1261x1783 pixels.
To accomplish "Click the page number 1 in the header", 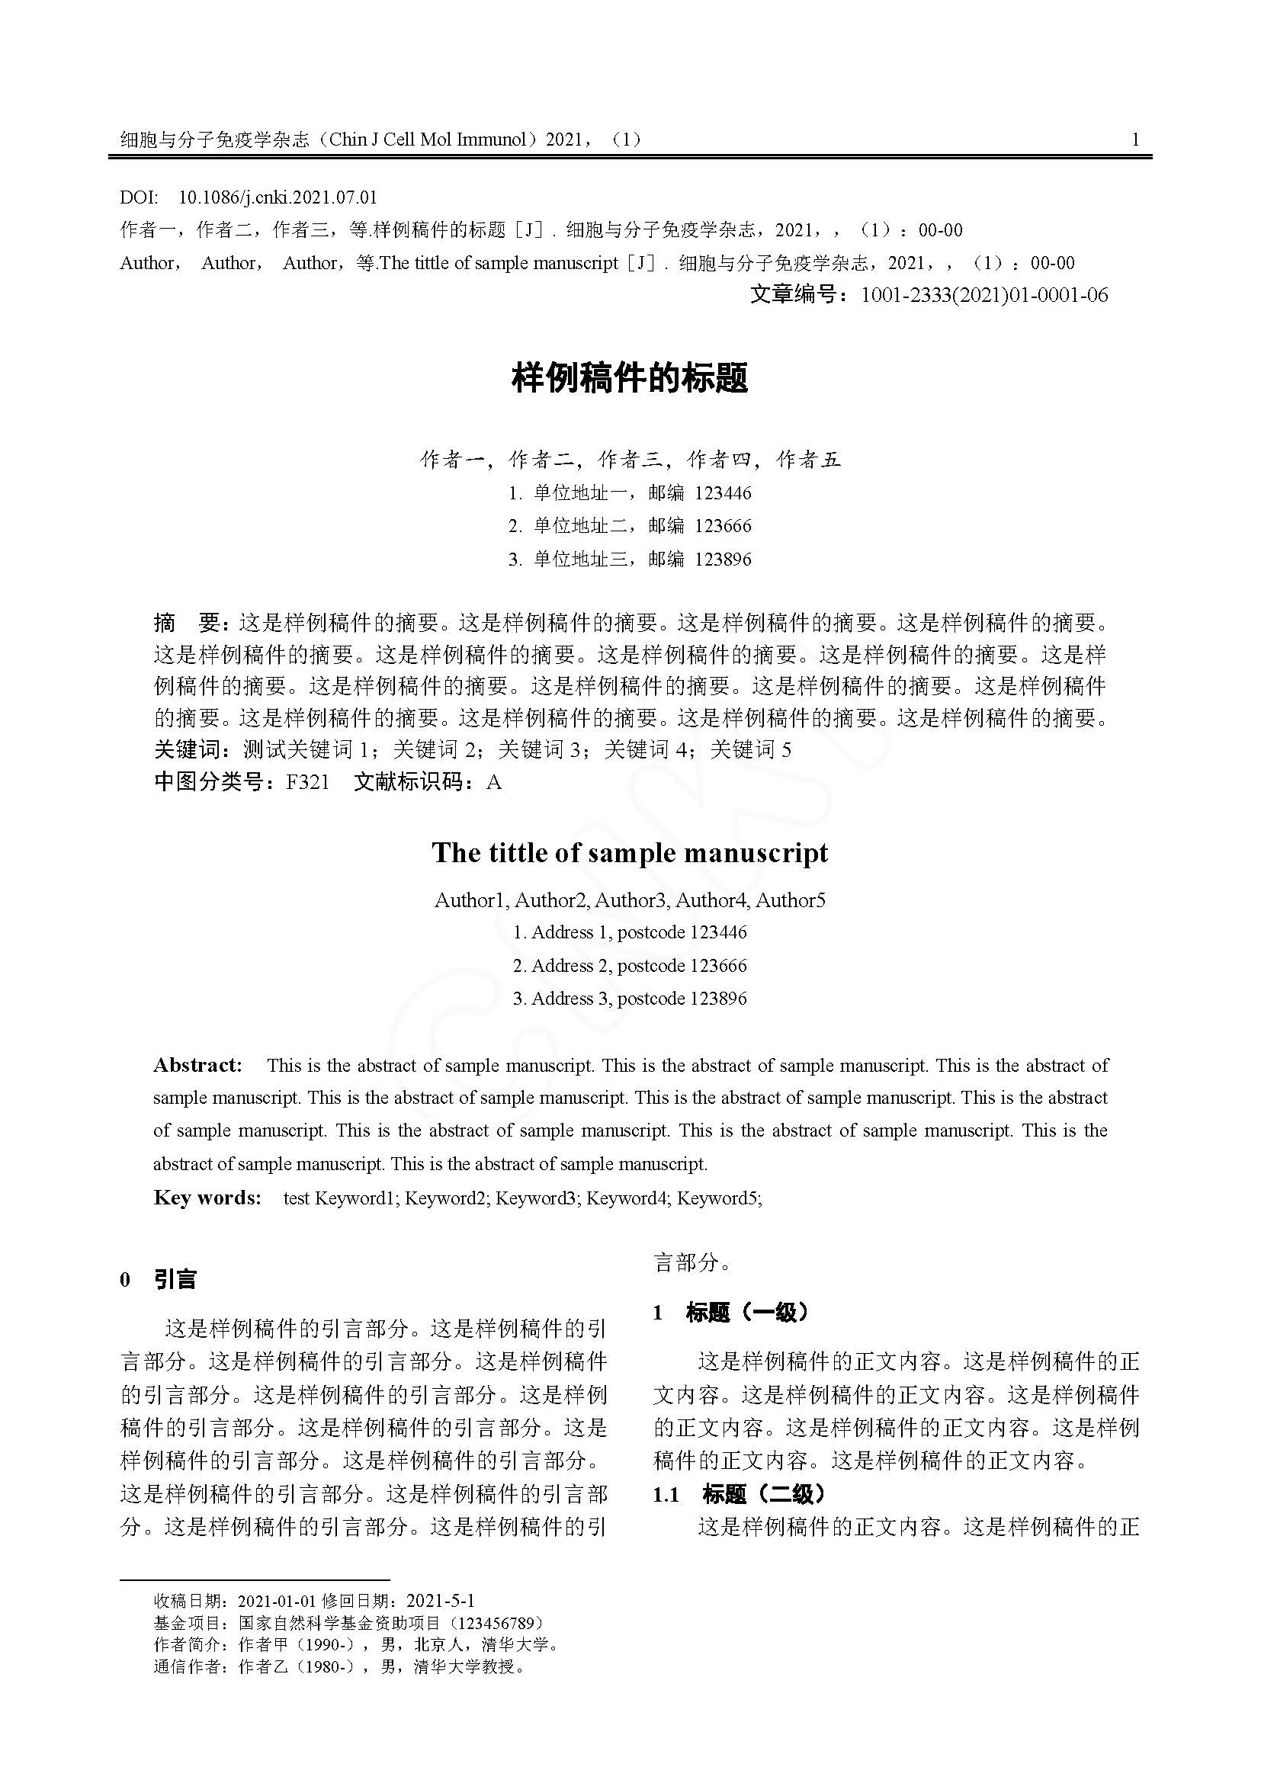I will [1135, 139].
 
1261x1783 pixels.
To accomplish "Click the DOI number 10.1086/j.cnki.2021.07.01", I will [278, 197].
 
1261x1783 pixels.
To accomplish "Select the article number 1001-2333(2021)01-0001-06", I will [984, 295].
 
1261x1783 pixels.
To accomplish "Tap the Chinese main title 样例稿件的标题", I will [630, 379].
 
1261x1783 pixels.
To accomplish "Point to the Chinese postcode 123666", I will [723, 526].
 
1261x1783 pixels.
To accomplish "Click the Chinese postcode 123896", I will [723, 559].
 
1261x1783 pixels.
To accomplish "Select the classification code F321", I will [307, 782].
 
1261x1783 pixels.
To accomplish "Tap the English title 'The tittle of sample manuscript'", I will [630, 853].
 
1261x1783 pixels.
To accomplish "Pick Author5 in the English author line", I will [791, 900].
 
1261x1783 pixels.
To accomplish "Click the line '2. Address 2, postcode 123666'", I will [630, 965].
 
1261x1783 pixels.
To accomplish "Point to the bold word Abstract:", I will [198, 1065].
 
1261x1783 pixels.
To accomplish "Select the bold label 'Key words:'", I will [207, 1198].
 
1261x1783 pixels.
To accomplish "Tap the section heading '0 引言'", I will [159, 1279].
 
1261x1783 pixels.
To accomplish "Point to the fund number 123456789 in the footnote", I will [498, 1623].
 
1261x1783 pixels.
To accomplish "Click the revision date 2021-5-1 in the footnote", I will [440, 1601].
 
